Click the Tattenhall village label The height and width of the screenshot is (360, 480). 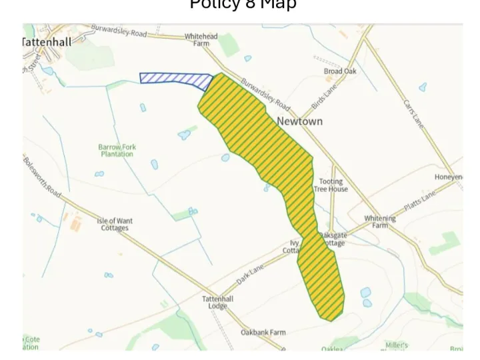click(47, 41)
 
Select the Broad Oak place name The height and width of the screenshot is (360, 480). click(340, 71)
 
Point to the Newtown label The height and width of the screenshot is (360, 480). click(299, 121)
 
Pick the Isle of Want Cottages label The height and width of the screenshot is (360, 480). click(115, 224)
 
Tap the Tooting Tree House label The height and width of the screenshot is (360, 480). click(331, 185)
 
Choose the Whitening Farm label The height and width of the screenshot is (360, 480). click(380, 221)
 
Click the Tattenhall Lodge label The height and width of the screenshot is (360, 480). click(218, 303)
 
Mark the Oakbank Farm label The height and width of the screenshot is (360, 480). click(263, 332)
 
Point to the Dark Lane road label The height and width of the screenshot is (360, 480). click(251, 274)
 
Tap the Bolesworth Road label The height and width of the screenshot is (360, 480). click(42, 176)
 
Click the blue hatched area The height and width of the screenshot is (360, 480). click(175, 80)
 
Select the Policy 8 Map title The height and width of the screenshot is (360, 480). click(243, 5)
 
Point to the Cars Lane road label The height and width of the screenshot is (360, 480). click(413, 113)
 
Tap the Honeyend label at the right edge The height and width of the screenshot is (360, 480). click(449, 177)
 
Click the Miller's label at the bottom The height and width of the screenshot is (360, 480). click(397, 345)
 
